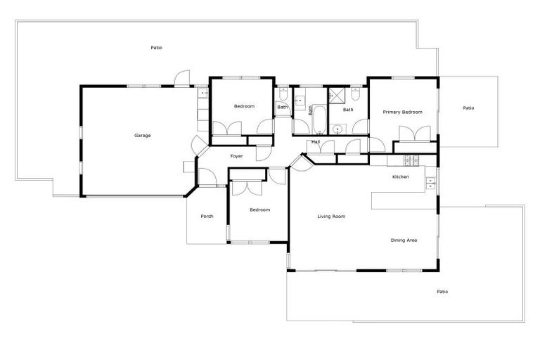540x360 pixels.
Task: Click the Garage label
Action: pos(143,136)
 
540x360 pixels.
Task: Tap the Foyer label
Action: pos(236,156)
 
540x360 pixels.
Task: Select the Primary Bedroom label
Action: pos(402,112)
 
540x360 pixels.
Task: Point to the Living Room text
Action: pos(331,217)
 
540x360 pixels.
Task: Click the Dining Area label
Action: pos(404,240)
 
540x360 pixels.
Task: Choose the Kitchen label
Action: pos(400,177)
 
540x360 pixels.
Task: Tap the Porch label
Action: pos(207,217)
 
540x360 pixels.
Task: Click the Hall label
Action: pos(316,142)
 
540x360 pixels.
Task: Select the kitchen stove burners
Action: pos(412,158)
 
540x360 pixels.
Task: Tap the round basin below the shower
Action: pos(338,129)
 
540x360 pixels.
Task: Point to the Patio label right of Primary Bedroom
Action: pos(468,108)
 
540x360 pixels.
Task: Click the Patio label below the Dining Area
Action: pos(442,292)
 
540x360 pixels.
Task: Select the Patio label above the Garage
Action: pos(156,48)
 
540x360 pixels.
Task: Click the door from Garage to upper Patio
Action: pos(181,79)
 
